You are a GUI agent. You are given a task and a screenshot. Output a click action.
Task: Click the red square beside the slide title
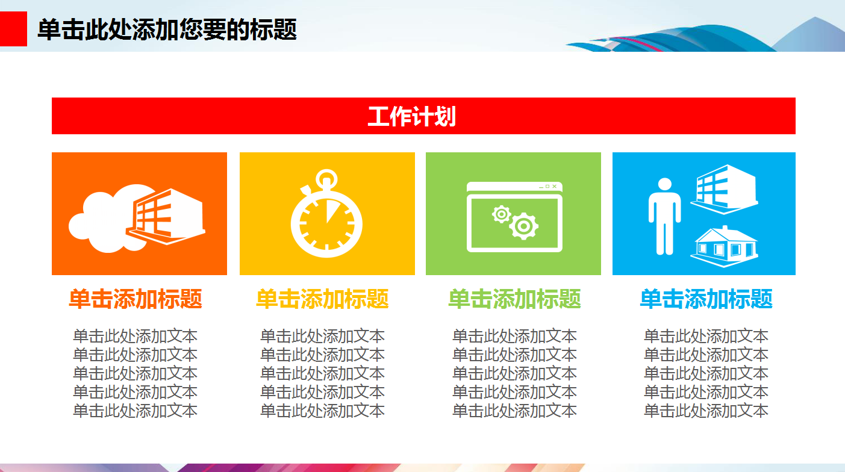(13, 29)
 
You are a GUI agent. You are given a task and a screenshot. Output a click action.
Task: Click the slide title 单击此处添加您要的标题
(167, 29)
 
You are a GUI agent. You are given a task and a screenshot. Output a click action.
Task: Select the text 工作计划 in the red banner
(411, 116)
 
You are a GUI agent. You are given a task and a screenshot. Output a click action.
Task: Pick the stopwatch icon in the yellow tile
(326, 220)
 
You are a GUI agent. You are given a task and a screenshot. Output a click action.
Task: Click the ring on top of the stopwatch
(326, 179)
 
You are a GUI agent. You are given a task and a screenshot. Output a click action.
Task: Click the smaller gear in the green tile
(502, 214)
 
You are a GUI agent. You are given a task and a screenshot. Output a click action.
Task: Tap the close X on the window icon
(555, 186)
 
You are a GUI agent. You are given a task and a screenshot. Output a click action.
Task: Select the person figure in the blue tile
(664, 216)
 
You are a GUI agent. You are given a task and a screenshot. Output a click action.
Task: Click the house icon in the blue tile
(725, 246)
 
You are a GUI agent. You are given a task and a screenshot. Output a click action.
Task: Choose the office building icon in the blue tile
(725, 187)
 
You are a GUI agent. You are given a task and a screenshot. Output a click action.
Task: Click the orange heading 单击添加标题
(135, 299)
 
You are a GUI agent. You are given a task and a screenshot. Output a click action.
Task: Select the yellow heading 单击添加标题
(322, 299)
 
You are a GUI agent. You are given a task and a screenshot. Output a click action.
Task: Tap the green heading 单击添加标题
(514, 299)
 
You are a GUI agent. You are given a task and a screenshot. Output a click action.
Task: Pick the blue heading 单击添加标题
(706, 299)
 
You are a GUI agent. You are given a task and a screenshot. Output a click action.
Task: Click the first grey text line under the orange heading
(135, 336)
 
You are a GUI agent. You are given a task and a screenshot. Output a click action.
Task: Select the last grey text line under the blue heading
(706, 411)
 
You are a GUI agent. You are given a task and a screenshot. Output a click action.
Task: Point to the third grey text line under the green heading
(514, 373)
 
